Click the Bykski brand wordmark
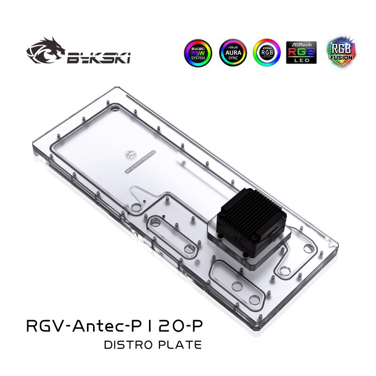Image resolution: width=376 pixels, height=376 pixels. click(99, 57)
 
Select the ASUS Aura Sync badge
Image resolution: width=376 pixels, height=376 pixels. click(232, 53)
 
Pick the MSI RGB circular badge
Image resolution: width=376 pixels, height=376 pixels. click(266, 53)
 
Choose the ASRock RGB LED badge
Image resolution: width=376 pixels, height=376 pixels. click(301, 53)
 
